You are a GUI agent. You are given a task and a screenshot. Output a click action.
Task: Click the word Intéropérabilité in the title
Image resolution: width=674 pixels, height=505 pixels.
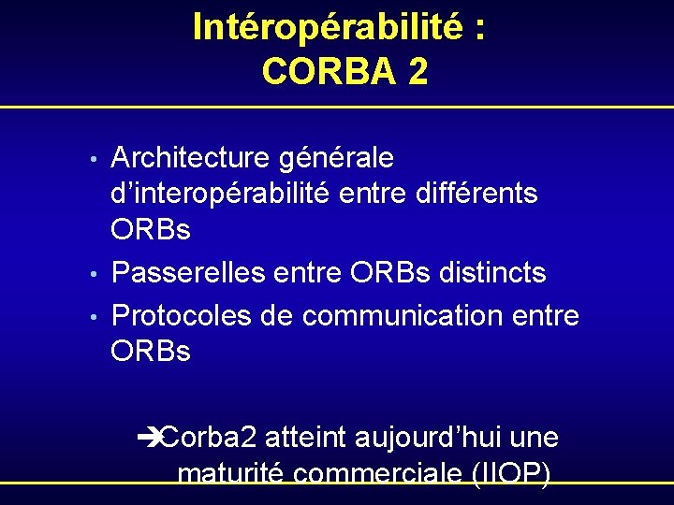point(328,28)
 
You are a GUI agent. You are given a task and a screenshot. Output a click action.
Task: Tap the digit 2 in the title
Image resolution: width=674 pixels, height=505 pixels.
point(418,71)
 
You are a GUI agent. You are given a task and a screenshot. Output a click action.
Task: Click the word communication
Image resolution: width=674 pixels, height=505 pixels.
point(402,315)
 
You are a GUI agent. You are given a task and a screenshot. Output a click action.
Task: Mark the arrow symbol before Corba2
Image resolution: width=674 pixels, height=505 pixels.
point(149,437)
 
